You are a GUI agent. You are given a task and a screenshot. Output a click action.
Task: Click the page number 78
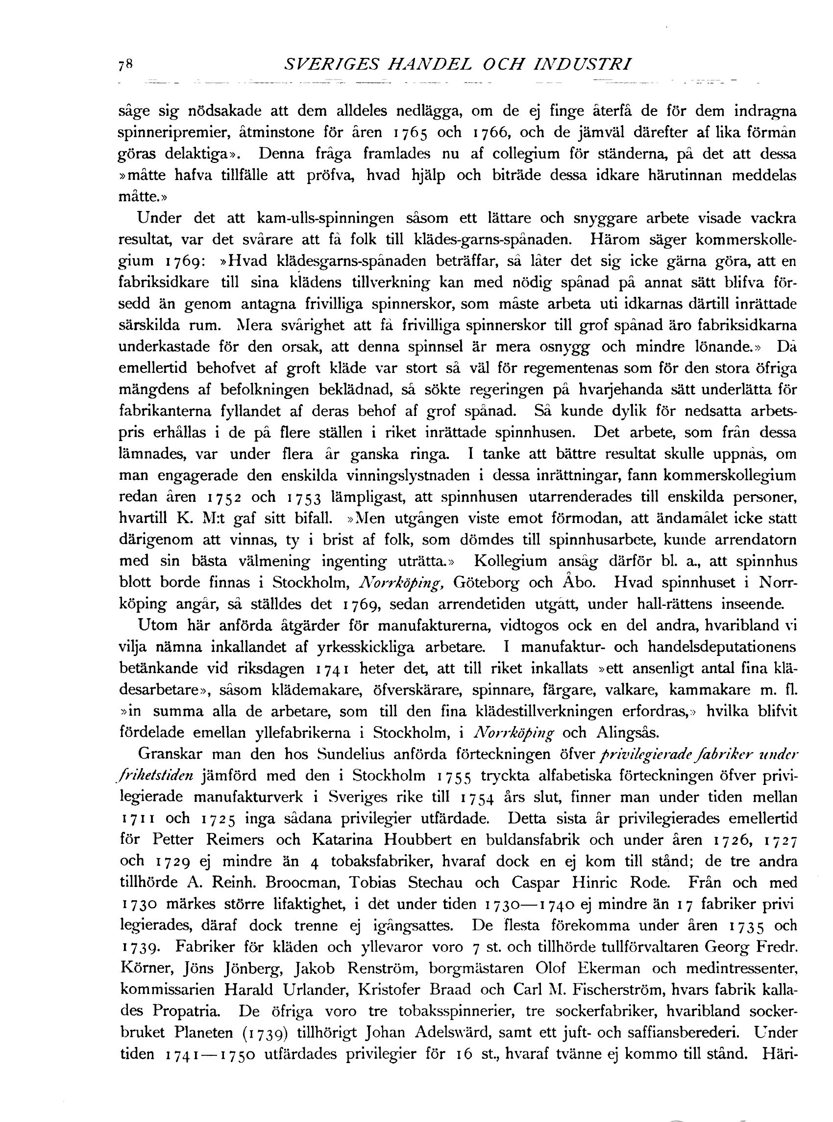point(124,65)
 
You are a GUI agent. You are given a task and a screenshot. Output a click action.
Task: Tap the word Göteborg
point(487,583)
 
